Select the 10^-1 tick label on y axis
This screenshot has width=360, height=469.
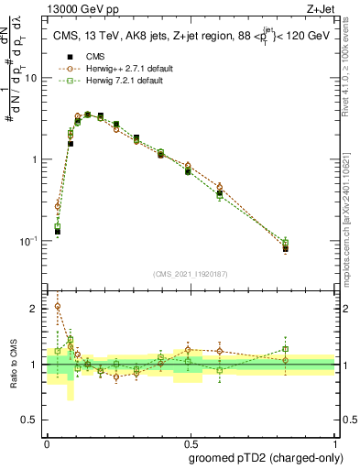coord(29,240)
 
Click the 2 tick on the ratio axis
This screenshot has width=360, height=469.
coord(36,309)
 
